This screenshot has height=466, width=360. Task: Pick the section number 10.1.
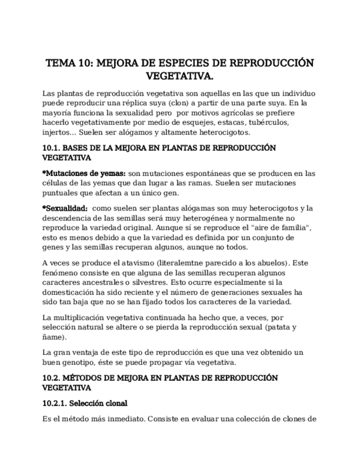coord(52,148)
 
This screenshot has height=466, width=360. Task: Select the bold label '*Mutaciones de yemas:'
coord(84,174)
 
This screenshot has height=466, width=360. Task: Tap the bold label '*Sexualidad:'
coord(65,208)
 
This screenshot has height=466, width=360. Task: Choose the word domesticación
coord(69,292)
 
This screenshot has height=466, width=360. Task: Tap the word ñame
coord(53,337)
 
